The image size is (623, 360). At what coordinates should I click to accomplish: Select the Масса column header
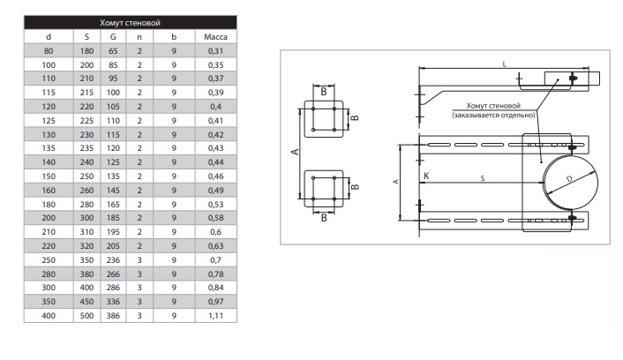click(x=216, y=38)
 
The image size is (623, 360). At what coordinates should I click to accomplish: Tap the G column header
click(x=112, y=38)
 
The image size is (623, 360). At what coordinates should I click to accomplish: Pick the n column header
click(x=139, y=38)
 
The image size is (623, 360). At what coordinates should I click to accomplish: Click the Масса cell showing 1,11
click(x=216, y=315)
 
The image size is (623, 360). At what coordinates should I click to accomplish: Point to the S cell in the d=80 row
click(x=86, y=52)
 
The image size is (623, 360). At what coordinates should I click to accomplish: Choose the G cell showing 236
click(x=112, y=261)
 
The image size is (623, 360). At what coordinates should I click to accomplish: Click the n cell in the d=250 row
click(x=139, y=261)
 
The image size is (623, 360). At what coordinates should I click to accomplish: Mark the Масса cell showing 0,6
click(x=216, y=233)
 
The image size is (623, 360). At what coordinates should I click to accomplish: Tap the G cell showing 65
click(x=112, y=52)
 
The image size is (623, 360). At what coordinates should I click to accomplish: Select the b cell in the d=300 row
click(x=174, y=288)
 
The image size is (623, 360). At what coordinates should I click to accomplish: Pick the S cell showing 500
click(x=86, y=315)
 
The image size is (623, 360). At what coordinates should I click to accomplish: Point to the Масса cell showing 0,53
click(x=216, y=206)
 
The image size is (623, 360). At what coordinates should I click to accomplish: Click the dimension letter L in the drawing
click(x=502, y=64)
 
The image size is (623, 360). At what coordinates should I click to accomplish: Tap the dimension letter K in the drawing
click(x=427, y=176)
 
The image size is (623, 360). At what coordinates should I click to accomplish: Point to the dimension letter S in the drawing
click(x=482, y=178)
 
